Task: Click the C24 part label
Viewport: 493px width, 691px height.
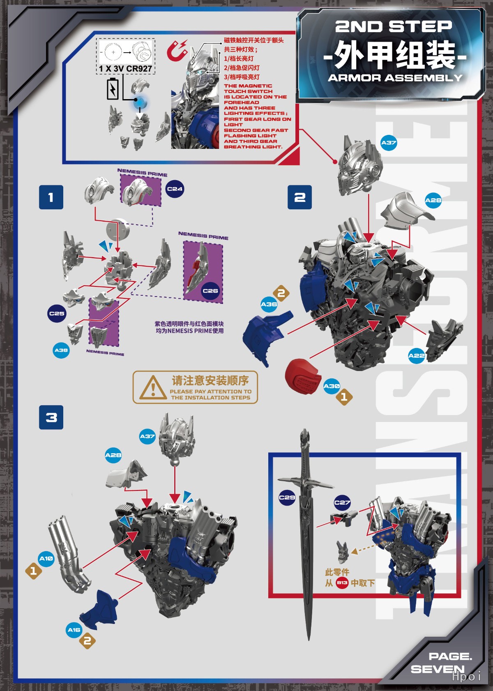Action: click(175, 189)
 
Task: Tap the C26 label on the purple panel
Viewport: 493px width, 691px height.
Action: click(210, 291)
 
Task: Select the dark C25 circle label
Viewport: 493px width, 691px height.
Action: click(57, 313)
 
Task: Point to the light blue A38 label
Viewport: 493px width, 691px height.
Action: click(61, 350)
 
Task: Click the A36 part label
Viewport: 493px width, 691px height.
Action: click(269, 304)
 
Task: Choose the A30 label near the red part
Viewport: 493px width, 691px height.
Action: click(332, 386)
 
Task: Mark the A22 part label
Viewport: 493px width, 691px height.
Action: click(416, 356)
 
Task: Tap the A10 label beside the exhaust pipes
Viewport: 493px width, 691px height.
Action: click(46, 559)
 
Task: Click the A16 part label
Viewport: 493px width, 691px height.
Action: click(74, 630)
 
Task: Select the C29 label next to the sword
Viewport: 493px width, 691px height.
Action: click(287, 497)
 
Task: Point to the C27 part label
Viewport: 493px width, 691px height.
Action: click(342, 502)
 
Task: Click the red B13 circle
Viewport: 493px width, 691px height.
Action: click(342, 583)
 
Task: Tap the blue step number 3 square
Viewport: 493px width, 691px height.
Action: click(51, 417)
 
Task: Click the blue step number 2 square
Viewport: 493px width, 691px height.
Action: click(299, 197)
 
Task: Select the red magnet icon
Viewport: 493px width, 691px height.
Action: click(177, 50)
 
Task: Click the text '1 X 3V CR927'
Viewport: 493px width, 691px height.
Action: click(125, 69)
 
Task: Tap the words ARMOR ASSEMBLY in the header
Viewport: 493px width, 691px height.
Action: click(395, 78)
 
